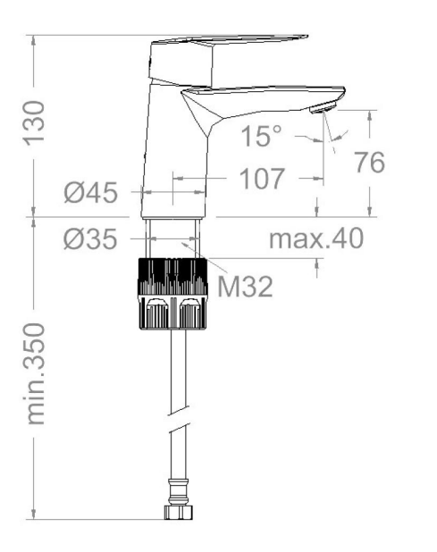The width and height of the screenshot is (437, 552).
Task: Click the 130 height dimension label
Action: [x=34, y=123]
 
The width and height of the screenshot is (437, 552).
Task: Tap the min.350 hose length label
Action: [x=35, y=374]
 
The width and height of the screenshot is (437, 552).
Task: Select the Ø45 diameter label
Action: [x=90, y=193]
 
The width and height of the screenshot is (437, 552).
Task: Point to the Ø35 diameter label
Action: [x=90, y=239]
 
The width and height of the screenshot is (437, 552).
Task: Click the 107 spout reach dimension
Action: [x=262, y=179]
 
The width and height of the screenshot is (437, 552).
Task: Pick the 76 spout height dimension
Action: [x=369, y=163]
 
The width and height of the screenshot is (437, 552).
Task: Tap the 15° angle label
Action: [x=261, y=136]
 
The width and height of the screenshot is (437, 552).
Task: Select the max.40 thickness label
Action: [x=316, y=238]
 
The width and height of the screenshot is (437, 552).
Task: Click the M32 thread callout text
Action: [x=245, y=286]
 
